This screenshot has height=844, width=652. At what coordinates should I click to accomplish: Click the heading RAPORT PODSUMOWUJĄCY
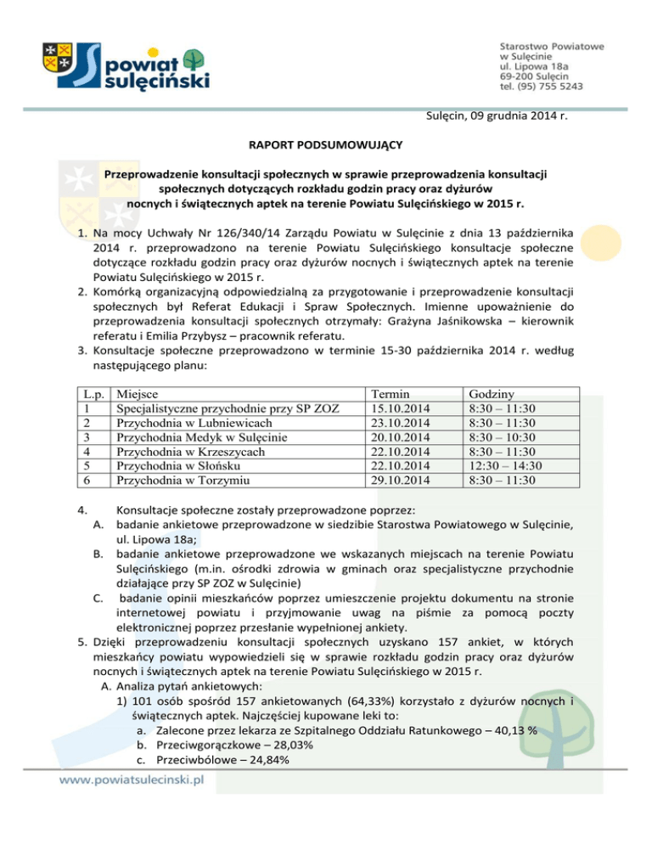[326, 145]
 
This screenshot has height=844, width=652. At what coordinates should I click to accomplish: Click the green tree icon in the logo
[194, 62]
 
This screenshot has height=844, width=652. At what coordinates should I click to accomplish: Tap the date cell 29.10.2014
[396, 480]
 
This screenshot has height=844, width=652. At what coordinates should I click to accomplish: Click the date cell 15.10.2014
[396, 408]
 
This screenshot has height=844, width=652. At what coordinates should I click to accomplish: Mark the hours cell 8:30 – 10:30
[506, 437]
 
